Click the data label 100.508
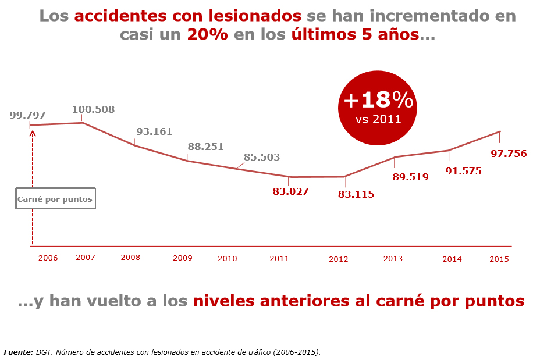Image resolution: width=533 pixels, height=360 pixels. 93,109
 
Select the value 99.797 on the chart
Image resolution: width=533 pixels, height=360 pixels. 27,115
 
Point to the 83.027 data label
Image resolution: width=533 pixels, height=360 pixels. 290,191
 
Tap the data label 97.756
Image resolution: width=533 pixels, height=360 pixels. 509,154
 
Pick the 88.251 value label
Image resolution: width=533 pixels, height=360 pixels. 205,147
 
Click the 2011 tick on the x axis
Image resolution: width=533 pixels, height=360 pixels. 279,258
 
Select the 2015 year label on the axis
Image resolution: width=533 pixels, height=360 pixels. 499,259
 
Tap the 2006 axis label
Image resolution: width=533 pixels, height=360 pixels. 48,258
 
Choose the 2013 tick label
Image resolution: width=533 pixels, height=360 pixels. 393,258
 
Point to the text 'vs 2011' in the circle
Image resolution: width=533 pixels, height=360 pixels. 378,120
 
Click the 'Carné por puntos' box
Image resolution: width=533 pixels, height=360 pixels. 55,199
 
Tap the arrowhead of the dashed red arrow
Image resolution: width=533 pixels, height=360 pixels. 33,133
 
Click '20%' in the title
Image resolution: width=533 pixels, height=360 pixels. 208,34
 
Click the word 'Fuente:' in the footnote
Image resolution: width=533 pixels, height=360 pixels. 18,352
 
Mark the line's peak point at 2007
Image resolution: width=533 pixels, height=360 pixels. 83,123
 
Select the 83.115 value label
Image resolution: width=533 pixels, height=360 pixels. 356,194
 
